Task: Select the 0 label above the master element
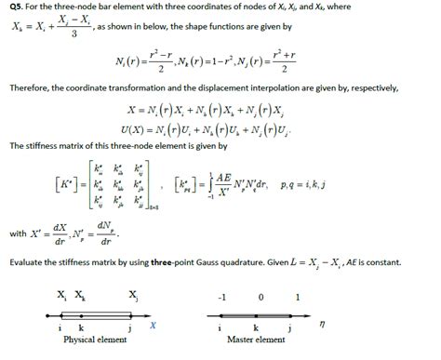tap(259, 299)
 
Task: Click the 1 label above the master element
tap(296, 299)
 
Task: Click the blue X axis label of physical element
tap(152, 325)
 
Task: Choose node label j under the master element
tap(287, 329)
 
